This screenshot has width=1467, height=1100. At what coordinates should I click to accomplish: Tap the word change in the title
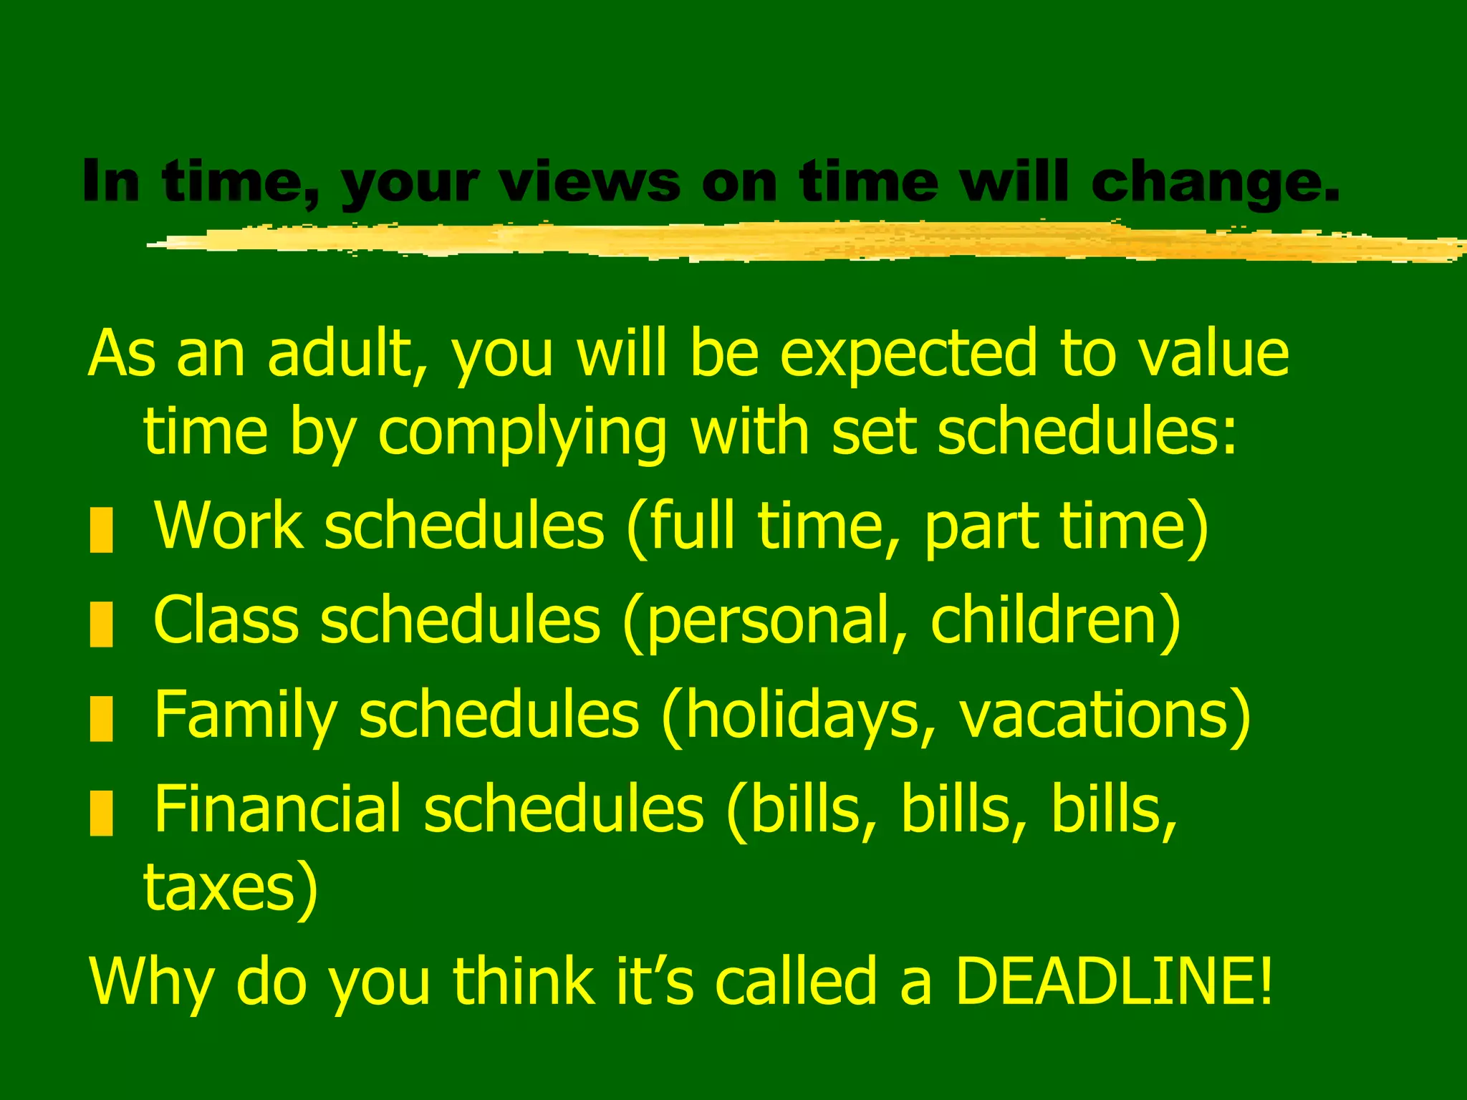(1213, 182)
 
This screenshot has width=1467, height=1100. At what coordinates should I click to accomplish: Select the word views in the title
(589, 182)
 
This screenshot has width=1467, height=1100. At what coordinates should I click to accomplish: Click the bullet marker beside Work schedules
(102, 530)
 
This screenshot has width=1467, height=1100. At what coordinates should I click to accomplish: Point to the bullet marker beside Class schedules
(102, 624)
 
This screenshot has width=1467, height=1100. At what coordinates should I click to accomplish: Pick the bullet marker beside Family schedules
(102, 718)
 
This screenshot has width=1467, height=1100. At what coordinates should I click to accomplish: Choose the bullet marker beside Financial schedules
(102, 813)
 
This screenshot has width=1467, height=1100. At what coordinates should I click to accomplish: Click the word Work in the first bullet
(229, 526)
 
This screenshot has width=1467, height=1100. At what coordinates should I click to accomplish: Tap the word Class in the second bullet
(226, 619)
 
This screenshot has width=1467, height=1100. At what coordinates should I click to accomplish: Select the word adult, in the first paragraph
(348, 354)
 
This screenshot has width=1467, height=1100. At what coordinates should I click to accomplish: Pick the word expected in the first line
(908, 355)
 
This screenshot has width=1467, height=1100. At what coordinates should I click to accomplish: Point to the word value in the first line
(1213, 354)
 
